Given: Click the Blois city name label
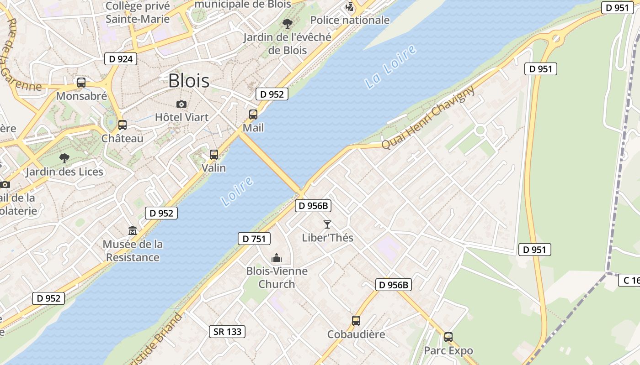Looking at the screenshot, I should pyautogui.click(x=189, y=81).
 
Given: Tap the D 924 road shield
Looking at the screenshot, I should pyautogui.click(x=121, y=59).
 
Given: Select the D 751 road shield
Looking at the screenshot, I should pyautogui.click(x=254, y=239).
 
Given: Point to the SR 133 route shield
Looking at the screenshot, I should pyautogui.click(x=228, y=332).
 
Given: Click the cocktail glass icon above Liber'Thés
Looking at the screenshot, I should pyautogui.click(x=327, y=224).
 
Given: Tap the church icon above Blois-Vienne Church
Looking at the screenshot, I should pyautogui.click(x=277, y=258).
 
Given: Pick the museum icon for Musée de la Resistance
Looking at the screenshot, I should pyautogui.click(x=133, y=231).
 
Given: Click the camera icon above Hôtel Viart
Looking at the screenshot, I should pyautogui.click(x=181, y=104).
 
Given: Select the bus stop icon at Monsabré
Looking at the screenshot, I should pyautogui.click(x=81, y=83).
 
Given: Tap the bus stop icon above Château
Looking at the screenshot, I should pyautogui.click(x=122, y=125).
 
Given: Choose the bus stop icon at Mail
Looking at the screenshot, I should pyautogui.click(x=253, y=115).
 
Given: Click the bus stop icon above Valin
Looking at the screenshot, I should pyautogui.click(x=214, y=155).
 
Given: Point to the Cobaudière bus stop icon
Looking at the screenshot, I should pyautogui.click(x=356, y=321).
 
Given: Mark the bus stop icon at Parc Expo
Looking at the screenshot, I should pyautogui.click(x=448, y=337).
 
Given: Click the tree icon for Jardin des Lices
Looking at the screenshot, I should pyautogui.click(x=64, y=158).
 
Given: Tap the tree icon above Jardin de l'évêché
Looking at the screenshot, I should pyautogui.click(x=288, y=24).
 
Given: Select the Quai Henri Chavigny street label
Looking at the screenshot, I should pyautogui.click(x=428, y=118).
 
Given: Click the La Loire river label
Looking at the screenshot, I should pyautogui.click(x=391, y=67).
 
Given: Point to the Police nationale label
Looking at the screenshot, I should pyautogui.click(x=350, y=20).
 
